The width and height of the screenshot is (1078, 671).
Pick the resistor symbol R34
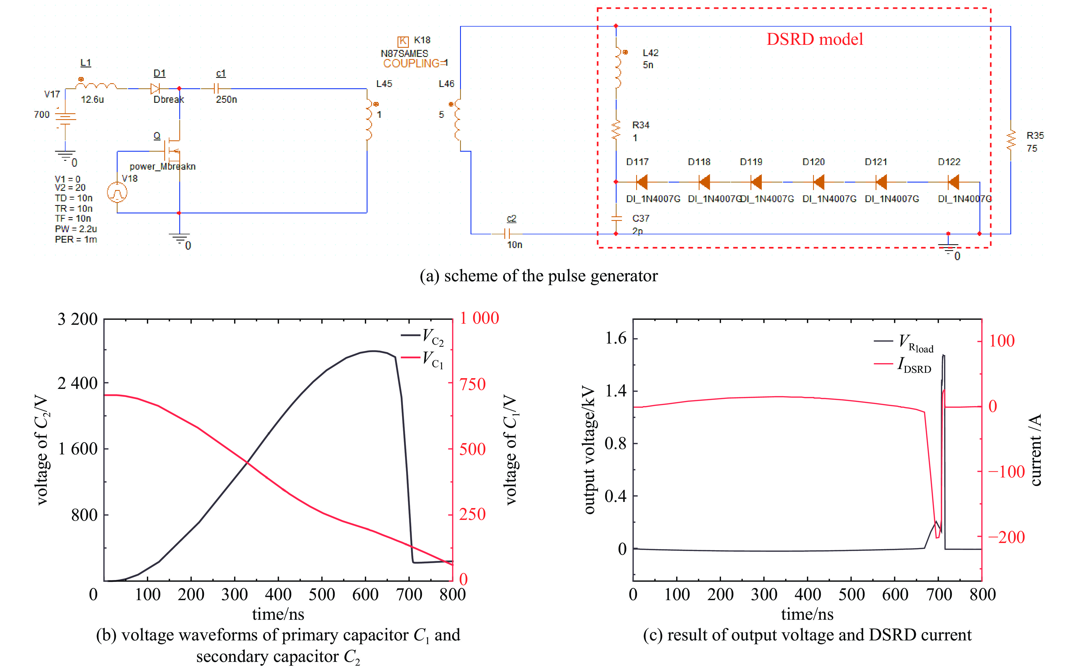(616, 131)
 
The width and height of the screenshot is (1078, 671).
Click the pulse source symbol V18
(117, 193)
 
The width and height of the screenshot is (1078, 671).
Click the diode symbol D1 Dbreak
(155, 88)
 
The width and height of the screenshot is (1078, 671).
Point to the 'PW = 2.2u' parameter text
(76, 229)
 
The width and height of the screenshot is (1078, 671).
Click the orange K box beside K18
(403, 41)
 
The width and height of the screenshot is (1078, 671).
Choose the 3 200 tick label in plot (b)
(78, 319)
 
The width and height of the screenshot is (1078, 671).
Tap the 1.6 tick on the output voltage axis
(616, 339)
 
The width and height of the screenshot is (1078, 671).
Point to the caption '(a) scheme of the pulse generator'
(538, 276)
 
